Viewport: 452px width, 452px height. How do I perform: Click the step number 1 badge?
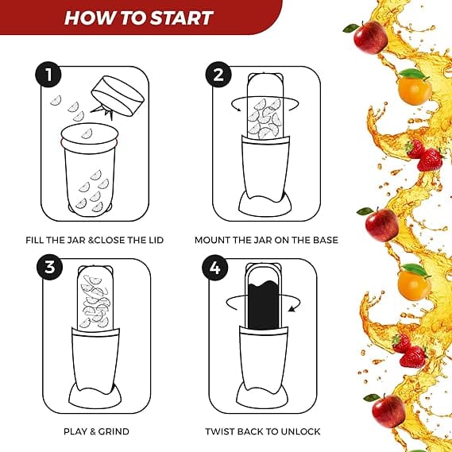click(x=48, y=75)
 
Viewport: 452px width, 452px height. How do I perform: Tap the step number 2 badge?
click(x=218, y=75)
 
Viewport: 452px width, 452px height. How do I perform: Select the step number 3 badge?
click(x=49, y=267)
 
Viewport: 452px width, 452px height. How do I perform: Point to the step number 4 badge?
click(x=214, y=268)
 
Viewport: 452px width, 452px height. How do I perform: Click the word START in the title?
click(x=182, y=17)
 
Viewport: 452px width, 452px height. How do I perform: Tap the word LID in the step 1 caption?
click(x=156, y=240)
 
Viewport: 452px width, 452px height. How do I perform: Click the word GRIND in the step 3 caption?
click(x=114, y=431)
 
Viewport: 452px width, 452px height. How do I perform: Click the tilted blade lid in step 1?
click(x=118, y=97)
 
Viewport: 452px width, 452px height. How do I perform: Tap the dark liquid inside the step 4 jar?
click(x=263, y=305)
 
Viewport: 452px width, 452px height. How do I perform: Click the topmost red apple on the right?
click(x=369, y=37)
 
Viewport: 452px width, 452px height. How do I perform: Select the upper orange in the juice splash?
click(x=415, y=90)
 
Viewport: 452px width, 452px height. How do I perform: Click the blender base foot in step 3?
click(x=95, y=397)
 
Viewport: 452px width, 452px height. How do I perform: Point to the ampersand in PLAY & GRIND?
click(x=92, y=431)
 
